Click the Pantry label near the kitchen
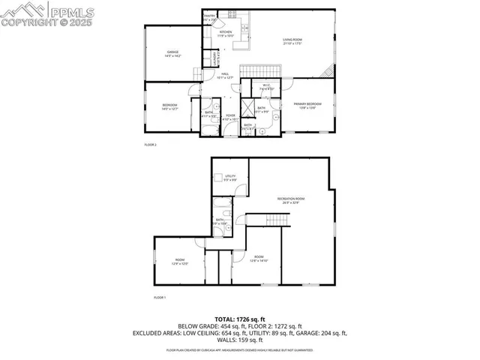tap(209, 17)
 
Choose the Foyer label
tap(230, 117)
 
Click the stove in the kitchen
tap(232, 14)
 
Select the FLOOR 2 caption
tap(150, 145)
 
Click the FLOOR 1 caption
tap(159, 298)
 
